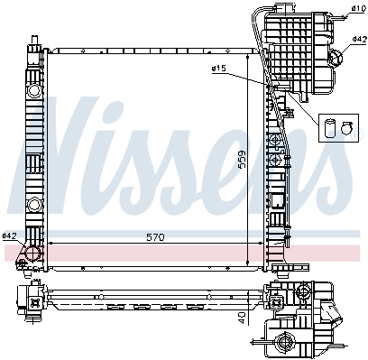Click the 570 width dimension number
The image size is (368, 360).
[x=155, y=237]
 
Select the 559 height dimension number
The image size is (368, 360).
[x=241, y=160]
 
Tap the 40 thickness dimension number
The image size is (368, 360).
[x=242, y=318]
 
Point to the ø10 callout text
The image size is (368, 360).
[x=358, y=8]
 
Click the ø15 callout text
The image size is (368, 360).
[x=218, y=69]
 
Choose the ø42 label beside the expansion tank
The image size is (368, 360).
[x=360, y=39]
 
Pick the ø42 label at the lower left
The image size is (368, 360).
[x=9, y=235]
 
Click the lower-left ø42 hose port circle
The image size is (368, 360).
[x=32, y=254]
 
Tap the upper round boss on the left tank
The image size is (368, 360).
[x=34, y=90]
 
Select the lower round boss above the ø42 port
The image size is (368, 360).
[x=34, y=205]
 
